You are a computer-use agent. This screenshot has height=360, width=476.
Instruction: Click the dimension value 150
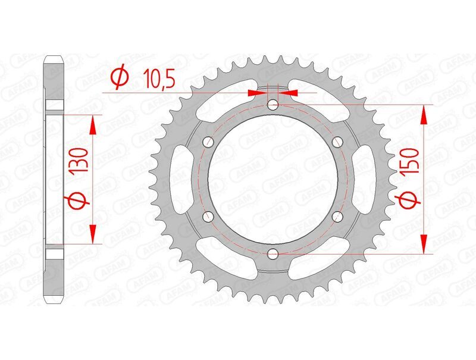pos(412,162)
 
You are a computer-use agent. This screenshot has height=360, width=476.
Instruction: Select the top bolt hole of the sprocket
pos(273,105)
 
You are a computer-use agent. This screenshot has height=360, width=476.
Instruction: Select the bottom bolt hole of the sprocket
pos(273,254)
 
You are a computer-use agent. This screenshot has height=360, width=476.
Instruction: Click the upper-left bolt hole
pos(209,142)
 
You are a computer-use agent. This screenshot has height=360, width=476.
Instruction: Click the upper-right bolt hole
pos(337,142)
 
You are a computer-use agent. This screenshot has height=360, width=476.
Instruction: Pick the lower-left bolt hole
pos(209,217)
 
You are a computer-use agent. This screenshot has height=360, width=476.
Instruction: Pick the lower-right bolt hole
pos(337,217)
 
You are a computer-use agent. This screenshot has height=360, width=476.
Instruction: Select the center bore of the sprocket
pos(273,180)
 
